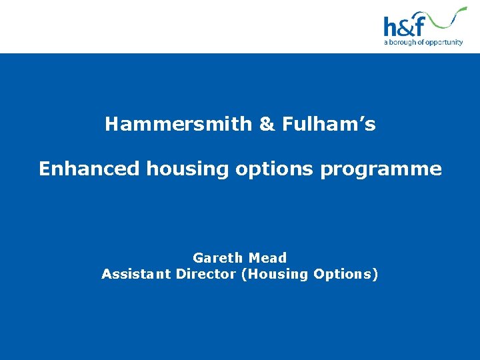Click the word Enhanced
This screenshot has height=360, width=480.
pos(89,169)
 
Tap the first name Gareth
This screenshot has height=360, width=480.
pos(217,258)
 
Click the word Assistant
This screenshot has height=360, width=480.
pos(136,274)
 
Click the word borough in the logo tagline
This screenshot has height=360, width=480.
pos(402,43)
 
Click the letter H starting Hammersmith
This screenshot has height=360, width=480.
pos(112,125)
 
